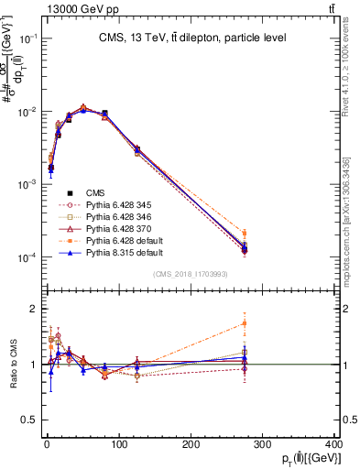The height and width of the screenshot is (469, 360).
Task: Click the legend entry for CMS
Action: [95, 192]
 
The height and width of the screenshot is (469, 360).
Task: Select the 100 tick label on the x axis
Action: [118, 446]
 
